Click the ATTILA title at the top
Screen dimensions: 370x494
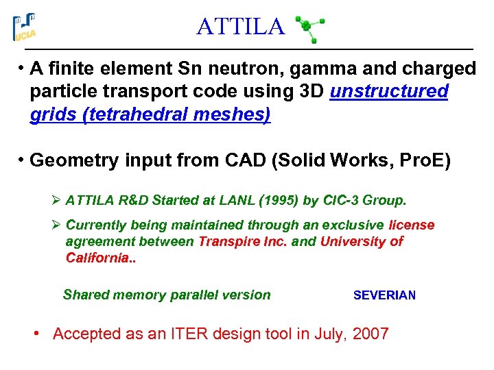239,27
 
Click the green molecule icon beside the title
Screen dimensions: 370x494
309,29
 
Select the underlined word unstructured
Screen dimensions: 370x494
389,92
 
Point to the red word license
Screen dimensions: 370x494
412,225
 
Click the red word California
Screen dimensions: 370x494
97,258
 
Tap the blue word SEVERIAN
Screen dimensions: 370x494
384,295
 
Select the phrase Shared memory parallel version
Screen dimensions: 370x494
167,295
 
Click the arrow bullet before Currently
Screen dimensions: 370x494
56,225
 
